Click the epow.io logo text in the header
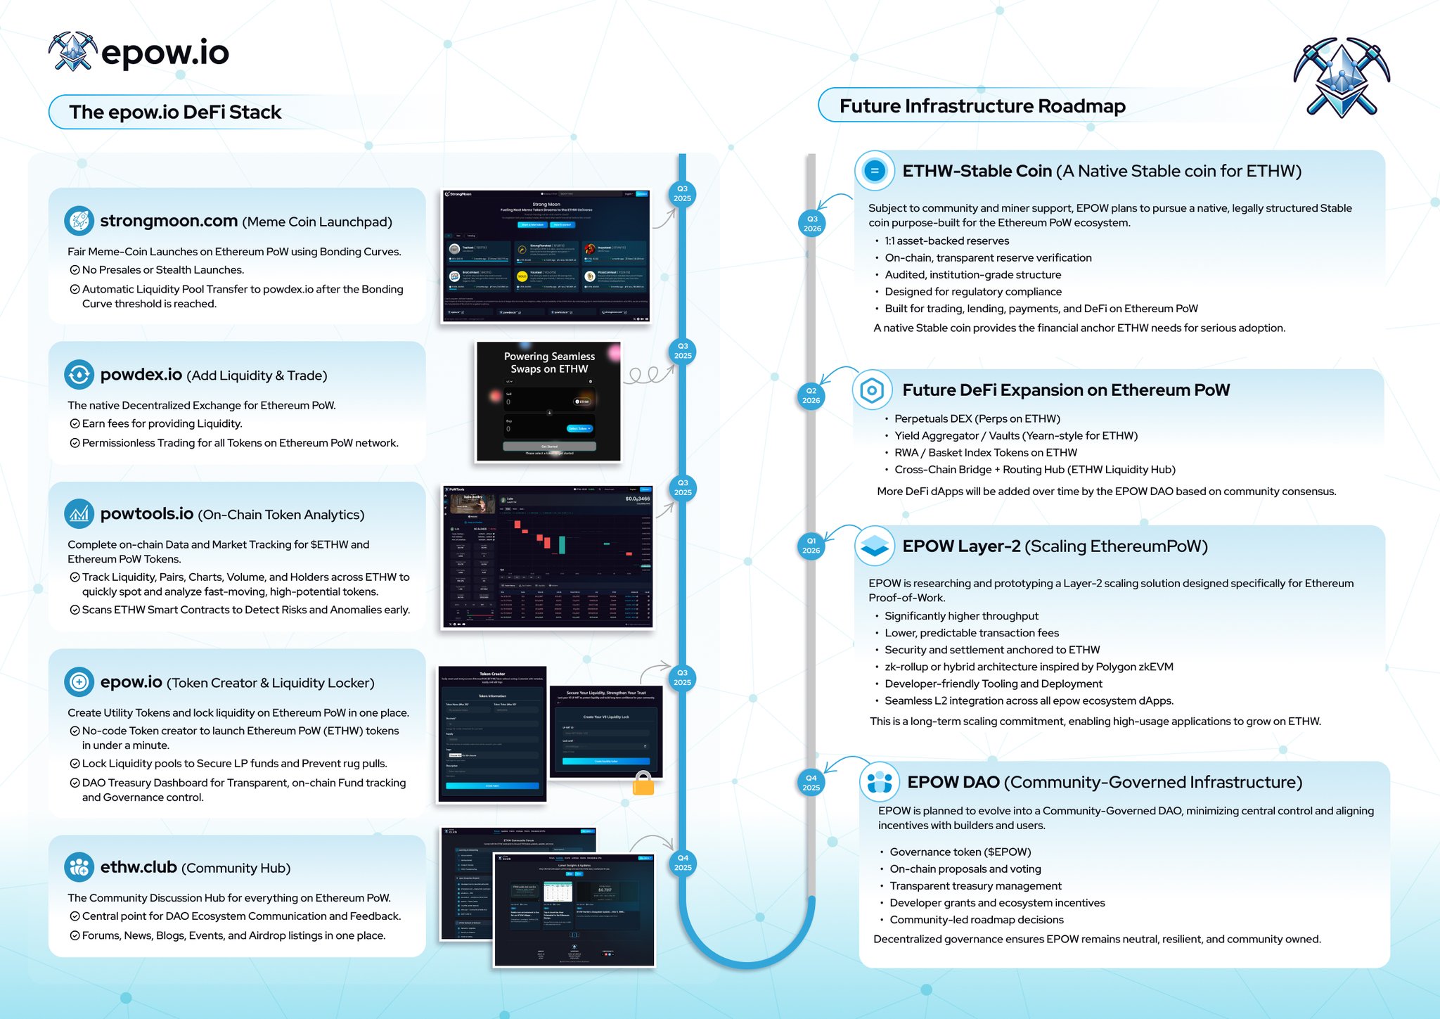[x=165, y=53]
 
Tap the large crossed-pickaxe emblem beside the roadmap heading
[x=1341, y=77]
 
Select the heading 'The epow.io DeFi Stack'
[x=175, y=113]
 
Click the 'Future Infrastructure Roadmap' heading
[x=982, y=106]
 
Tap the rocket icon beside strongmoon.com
[x=79, y=221]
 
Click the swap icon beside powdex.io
[x=79, y=375]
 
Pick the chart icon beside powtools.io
[x=79, y=514]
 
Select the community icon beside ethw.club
[x=79, y=867]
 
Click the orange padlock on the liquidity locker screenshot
[x=643, y=783]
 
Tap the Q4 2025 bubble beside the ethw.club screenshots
[x=682, y=862]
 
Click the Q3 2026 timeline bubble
[x=812, y=224]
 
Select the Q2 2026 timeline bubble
[x=811, y=395]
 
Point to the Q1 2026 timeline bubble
[x=811, y=546]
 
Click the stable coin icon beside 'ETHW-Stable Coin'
[x=875, y=170]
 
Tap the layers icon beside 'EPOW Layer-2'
[x=875, y=546]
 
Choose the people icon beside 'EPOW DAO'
[x=879, y=781]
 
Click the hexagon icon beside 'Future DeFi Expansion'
[x=872, y=390]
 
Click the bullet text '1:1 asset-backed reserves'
[x=946, y=241]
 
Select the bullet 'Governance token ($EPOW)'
[x=960, y=852]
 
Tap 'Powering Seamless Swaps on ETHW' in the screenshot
[x=549, y=363]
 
